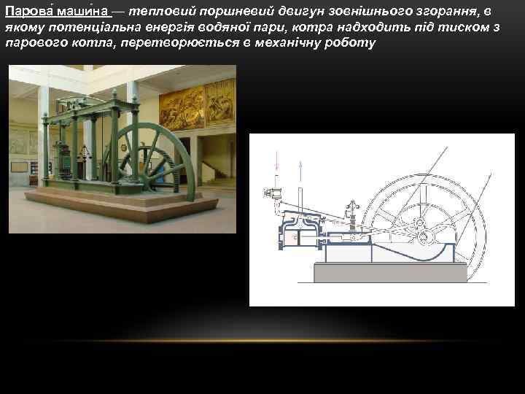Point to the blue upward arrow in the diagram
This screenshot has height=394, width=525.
pos(301,171)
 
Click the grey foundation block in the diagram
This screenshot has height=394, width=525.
pos(389,273)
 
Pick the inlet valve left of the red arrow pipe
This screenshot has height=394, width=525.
pos(268,193)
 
